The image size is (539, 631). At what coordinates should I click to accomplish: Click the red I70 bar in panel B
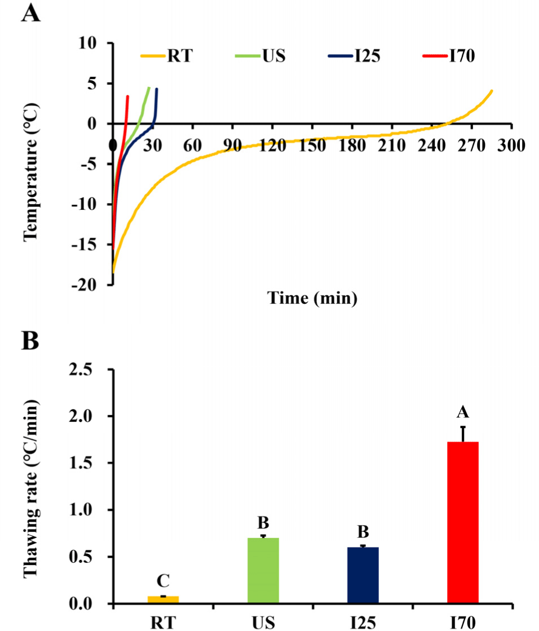pyautogui.click(x=462, y=522)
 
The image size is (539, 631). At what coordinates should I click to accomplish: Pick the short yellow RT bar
pyautogui.click(x=164, y=600)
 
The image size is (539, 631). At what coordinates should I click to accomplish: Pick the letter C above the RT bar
pyautogui.click(x=164, y=581)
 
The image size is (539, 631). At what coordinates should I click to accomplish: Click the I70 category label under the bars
pyautogui.click(x=463, y=623)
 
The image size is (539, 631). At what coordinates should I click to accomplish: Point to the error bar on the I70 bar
pyautogui.click(x=463, y=434)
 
